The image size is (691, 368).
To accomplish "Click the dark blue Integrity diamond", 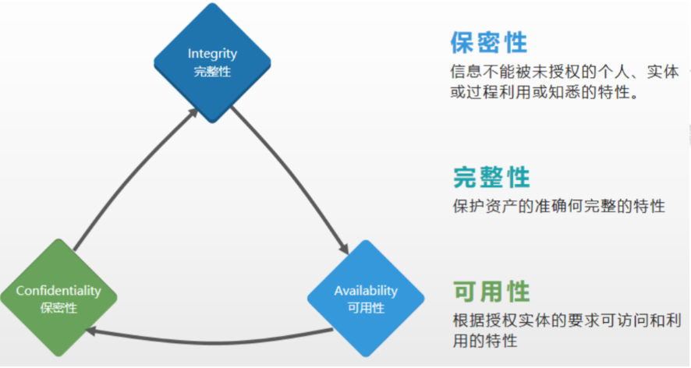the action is point(212,63).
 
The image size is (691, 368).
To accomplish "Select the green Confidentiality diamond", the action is point(58,298).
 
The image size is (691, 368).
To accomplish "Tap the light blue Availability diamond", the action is point(366,299).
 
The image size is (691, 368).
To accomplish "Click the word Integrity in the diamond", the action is point(212,54).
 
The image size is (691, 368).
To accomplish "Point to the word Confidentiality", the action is point(58,291).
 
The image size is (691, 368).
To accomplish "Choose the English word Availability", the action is point(366,291).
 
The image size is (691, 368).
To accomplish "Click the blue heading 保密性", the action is point(489,42).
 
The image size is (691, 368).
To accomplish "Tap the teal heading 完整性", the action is point(491,177).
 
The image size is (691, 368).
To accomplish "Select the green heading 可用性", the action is point(491,292).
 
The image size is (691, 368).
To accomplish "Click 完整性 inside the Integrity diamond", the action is point(212,72).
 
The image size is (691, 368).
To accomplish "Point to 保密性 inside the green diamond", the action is point(58,308).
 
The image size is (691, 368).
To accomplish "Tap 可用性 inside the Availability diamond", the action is point(366,308).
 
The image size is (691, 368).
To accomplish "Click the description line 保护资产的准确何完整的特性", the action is point(558,206).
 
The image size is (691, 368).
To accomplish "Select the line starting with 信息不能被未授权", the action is point(565,72).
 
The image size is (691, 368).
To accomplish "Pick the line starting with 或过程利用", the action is point(544,92).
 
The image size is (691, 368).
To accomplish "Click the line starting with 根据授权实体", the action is point(567,320).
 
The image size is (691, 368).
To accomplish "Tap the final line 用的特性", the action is point(485,341).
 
